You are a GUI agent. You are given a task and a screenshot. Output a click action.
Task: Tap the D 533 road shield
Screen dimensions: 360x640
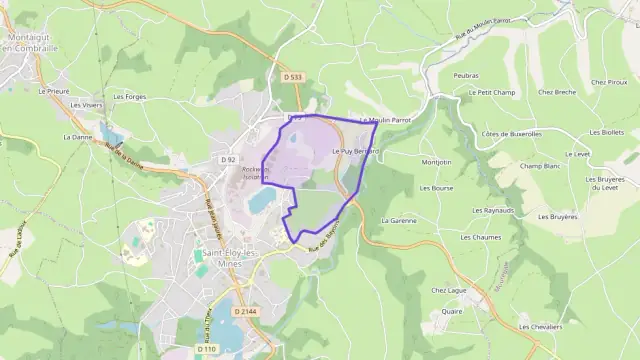pyautogui.click(x=292, y=77)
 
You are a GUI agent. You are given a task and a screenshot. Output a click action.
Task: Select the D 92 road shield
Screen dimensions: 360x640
pyautogui.click(x=228, y=159)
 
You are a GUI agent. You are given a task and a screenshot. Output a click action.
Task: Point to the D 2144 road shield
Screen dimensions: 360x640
pyautogui.click(x=246, y=312)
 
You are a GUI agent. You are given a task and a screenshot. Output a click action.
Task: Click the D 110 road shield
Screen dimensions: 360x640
pyautogui.click(x=206, y=349)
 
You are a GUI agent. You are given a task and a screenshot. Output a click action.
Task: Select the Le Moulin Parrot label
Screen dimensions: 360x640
pyautogui.click(x=385, y=119)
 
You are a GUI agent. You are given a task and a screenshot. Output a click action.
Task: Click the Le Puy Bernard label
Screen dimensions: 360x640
pyautogui.click(x=354, y=151)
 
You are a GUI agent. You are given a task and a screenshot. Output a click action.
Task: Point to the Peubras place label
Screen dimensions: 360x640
pyautogui.click(x=465, y=76)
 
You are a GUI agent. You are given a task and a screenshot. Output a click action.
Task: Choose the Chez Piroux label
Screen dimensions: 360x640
pyautogui.click(x=609, y=82)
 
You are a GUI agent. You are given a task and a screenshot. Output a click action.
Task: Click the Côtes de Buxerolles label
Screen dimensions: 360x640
pyautogui.click(x=511, y=133)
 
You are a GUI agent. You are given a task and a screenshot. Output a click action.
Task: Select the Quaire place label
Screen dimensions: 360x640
pyautogui.click(x=452, y=311)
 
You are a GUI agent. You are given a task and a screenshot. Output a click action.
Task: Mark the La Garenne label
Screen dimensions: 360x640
pyautogui.click(x=399, y=219)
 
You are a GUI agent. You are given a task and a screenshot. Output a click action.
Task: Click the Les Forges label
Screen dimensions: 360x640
pyautogui.click(x=130, y=97)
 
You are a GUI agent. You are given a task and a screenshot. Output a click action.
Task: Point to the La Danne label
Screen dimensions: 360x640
pyautogui.click(x=76, y=137)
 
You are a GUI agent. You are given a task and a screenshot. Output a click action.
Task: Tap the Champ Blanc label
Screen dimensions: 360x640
pyautogui.click(x=537, y=166)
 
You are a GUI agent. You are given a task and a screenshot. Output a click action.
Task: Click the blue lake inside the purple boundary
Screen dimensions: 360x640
pyautogui.click(x=261, y=202)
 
